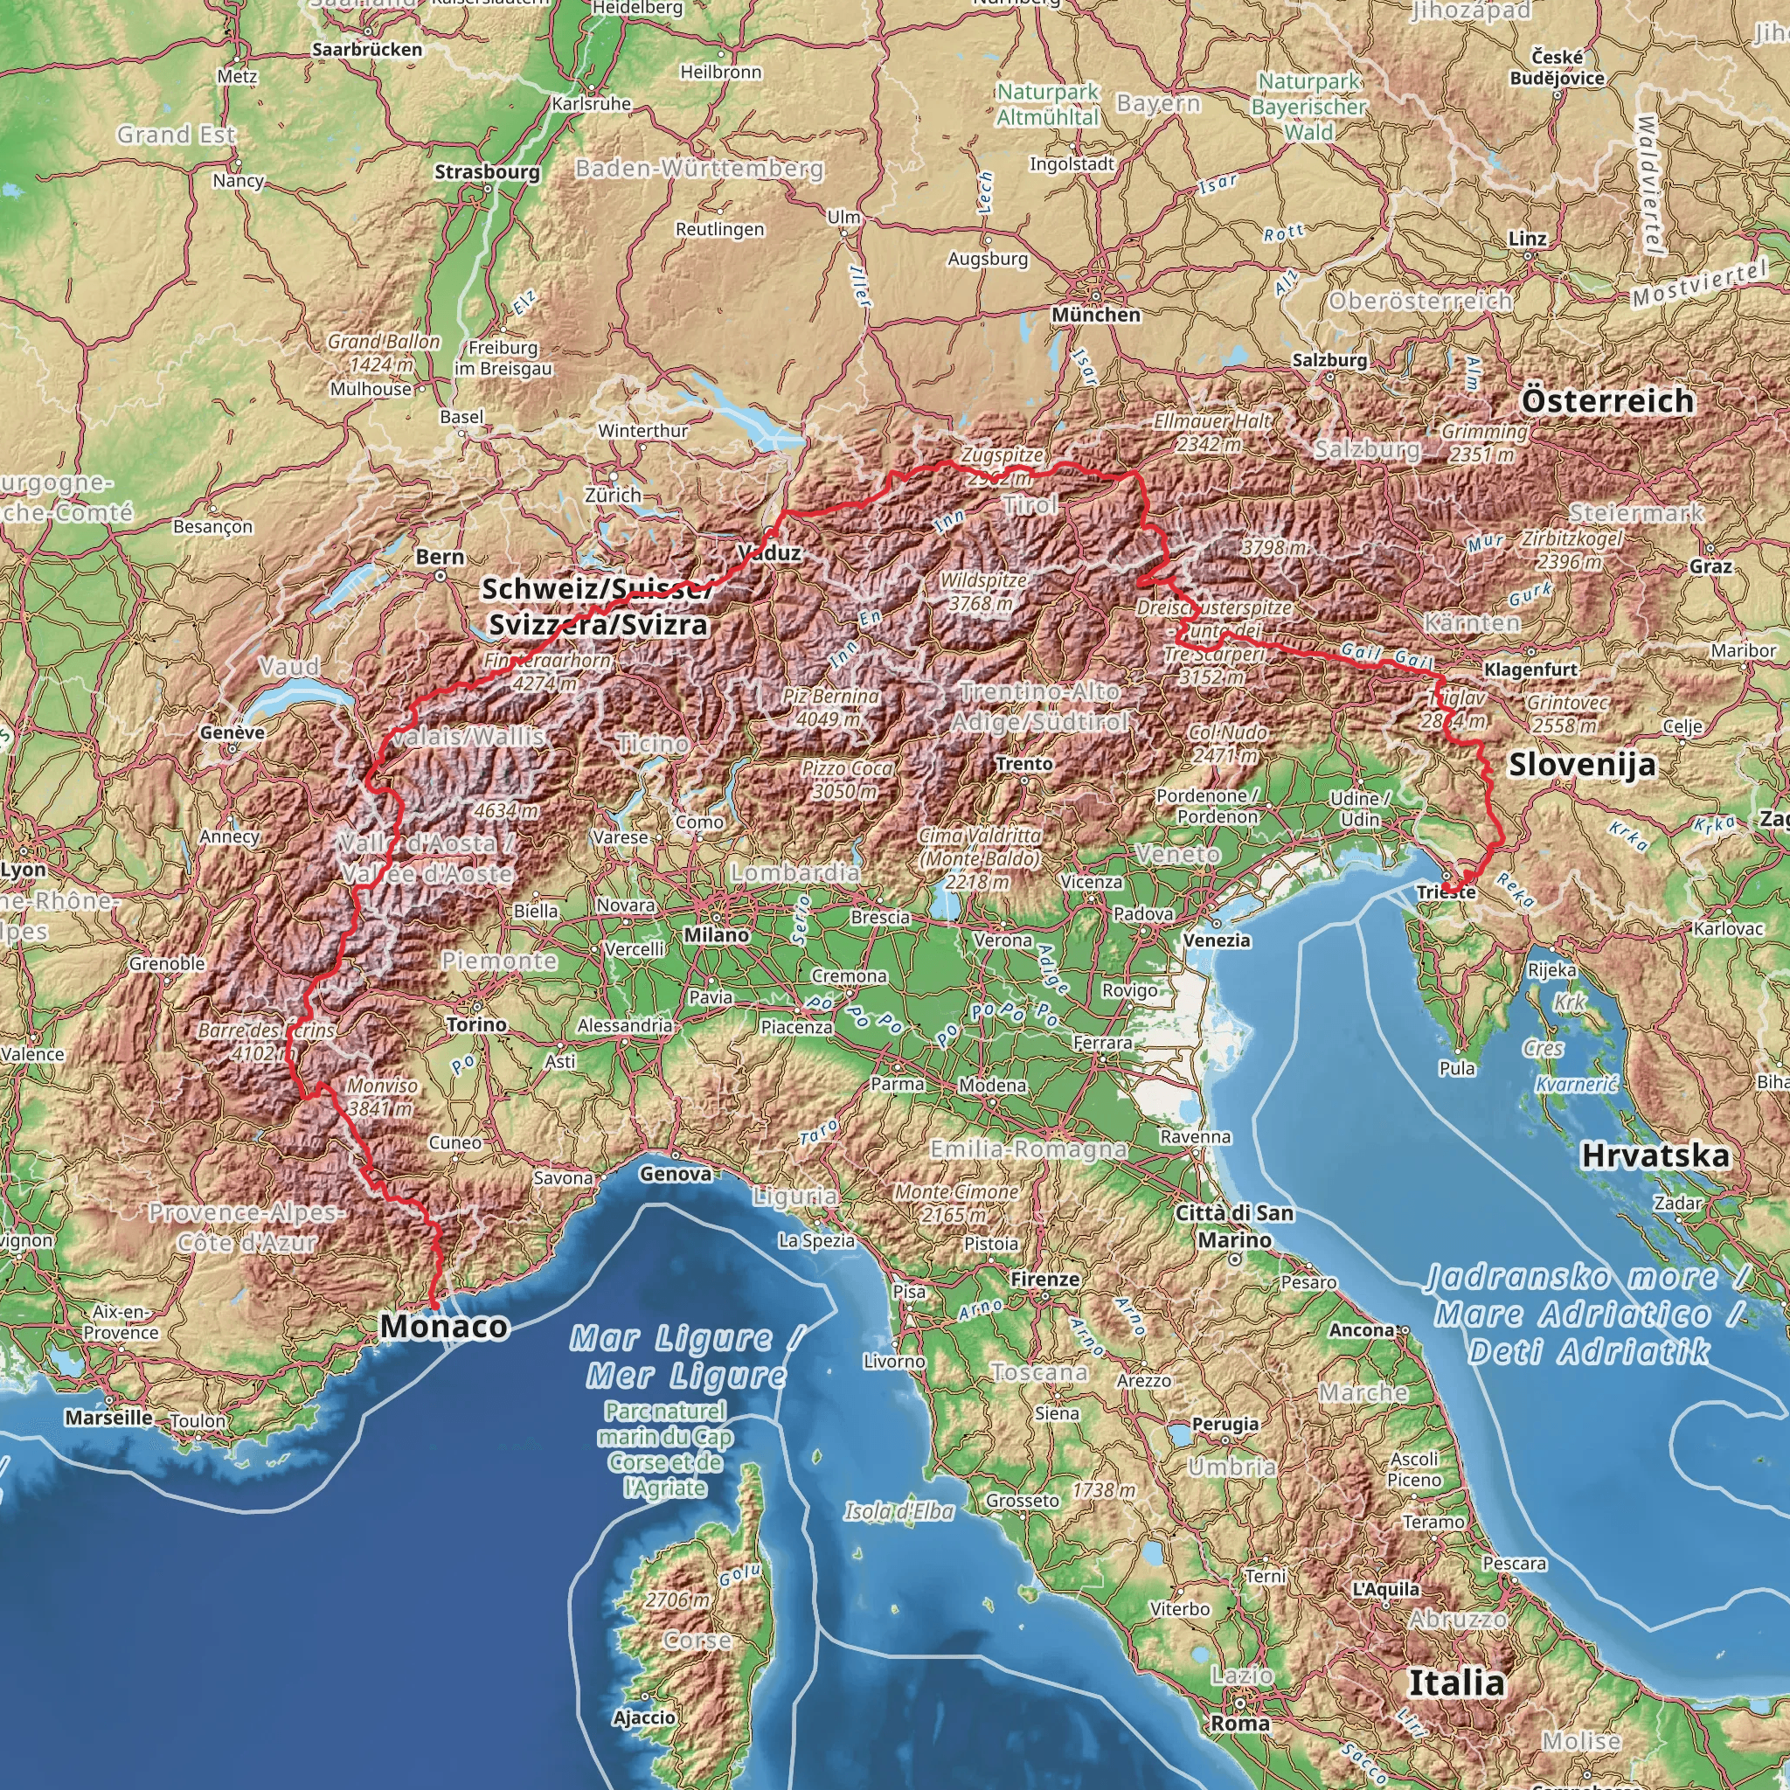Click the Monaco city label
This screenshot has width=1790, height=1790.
444,1326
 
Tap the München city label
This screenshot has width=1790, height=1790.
1095,315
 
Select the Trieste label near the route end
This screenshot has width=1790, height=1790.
1446,892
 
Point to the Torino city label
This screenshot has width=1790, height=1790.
476,1023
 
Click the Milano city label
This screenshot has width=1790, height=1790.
716,935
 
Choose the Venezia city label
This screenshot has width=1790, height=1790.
1217,940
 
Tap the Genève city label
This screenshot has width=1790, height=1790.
232,732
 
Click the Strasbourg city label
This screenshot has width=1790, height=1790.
487,171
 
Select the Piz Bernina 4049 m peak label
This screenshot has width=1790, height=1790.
829,707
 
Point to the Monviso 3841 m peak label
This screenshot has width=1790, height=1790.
381,1097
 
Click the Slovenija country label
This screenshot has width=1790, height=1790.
1580,765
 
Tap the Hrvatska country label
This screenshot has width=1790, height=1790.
1654,1155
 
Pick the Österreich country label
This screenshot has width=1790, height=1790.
1607,401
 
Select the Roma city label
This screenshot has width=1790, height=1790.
1239,1724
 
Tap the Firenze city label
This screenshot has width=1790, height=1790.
1044,1279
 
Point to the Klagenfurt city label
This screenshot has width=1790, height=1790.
1530,669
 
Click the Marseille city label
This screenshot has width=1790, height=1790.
108,1417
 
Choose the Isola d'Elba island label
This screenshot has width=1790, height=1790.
898,1512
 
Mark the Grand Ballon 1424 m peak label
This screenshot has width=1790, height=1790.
383,353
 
